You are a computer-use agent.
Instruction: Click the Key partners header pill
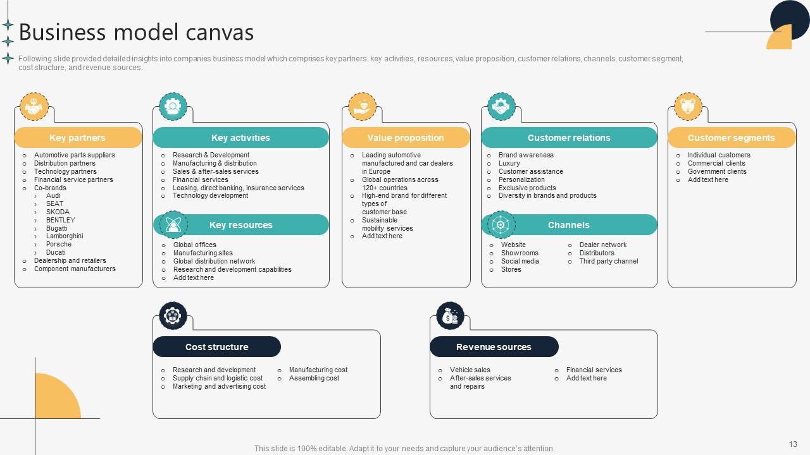pyautogui.click(x=78, y=138)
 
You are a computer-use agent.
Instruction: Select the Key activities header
pyautogui.click(x=240, y=138)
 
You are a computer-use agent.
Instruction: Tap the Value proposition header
pyautogui.click(x=406, y=138)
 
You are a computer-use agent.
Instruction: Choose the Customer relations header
pyautogui.click(x=569, y=138)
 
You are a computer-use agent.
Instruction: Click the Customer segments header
pyautogui.click(x=731, y=138)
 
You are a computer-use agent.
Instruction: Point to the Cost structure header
pyautogui.click(x=216, y=347)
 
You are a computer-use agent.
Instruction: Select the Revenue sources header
pyautogui.click(x=494, y=347)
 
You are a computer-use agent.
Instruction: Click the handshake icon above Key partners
pyautogui.click(x=34, y=107)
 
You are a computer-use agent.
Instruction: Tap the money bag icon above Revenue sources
pyautogui.click(x=450, y=316)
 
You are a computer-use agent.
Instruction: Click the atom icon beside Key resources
pyautogui.click(x=173, y=225)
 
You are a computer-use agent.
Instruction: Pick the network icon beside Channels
pyautogui.click(x=501, y=225)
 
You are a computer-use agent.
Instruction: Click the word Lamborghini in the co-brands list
pyautogui.click(x=65, y=236)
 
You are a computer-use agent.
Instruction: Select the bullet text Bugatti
pyautogui.click(x=57, y=228)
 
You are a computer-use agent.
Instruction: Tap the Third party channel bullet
pyautogui.click(x=609, y=261)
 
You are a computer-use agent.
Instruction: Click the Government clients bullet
pyautogui.click(x=717, y=171)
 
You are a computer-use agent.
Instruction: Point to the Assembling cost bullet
pyautogui.click(x=314, y=379)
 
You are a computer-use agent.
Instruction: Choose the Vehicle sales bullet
pyautogui.click(x=470, y=370)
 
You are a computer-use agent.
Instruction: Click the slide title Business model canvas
pyautogui.click(x=137, y=32)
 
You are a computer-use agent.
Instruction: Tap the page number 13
pyautogui.click(x=793, y=444)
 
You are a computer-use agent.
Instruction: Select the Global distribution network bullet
pyautogui.click(x=214, y=261)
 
